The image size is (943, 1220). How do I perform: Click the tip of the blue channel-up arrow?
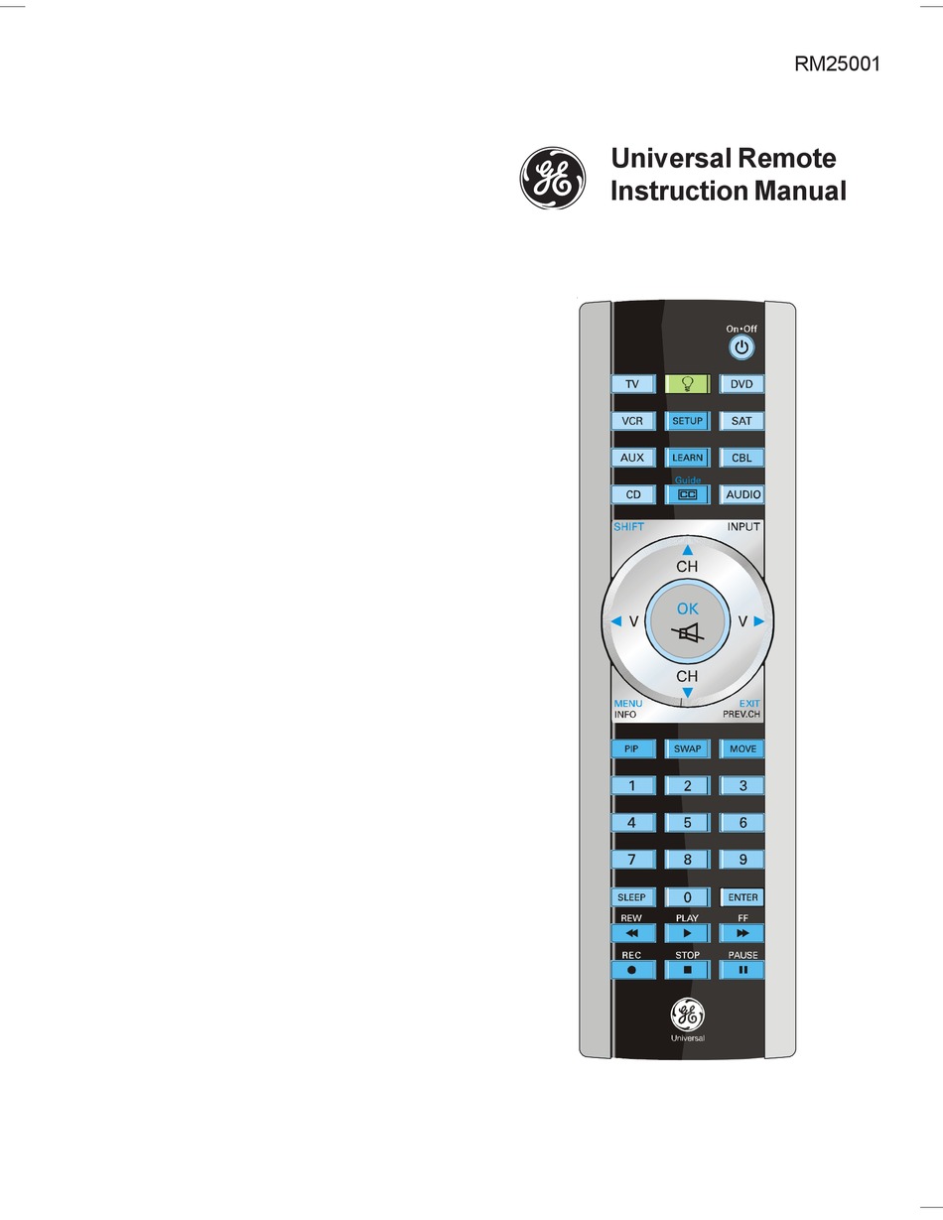688,545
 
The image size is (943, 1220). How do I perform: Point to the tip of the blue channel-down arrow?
688,698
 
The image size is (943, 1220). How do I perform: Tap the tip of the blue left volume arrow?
610,621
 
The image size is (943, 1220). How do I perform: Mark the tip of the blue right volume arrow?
764,621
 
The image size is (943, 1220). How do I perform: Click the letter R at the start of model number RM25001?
801,64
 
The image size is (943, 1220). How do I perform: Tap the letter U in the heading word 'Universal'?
619,158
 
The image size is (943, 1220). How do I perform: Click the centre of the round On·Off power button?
741,347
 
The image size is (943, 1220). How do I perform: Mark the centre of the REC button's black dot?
632,970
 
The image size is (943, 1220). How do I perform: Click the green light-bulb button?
687,384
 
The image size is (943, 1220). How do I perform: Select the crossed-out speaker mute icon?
687,634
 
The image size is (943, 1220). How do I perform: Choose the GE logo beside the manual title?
552,178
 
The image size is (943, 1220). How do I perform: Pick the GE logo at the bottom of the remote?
688,1016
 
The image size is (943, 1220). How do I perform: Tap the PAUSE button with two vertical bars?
742,970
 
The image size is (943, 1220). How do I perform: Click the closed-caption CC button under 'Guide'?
687,494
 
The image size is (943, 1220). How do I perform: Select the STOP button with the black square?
687,970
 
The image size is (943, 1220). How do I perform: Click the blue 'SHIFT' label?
628,527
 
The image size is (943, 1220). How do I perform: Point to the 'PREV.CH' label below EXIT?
741,714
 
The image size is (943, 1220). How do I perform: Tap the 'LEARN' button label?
687,458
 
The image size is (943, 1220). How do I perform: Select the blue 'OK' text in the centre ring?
688,609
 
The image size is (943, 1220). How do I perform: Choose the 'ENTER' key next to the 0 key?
742,897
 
